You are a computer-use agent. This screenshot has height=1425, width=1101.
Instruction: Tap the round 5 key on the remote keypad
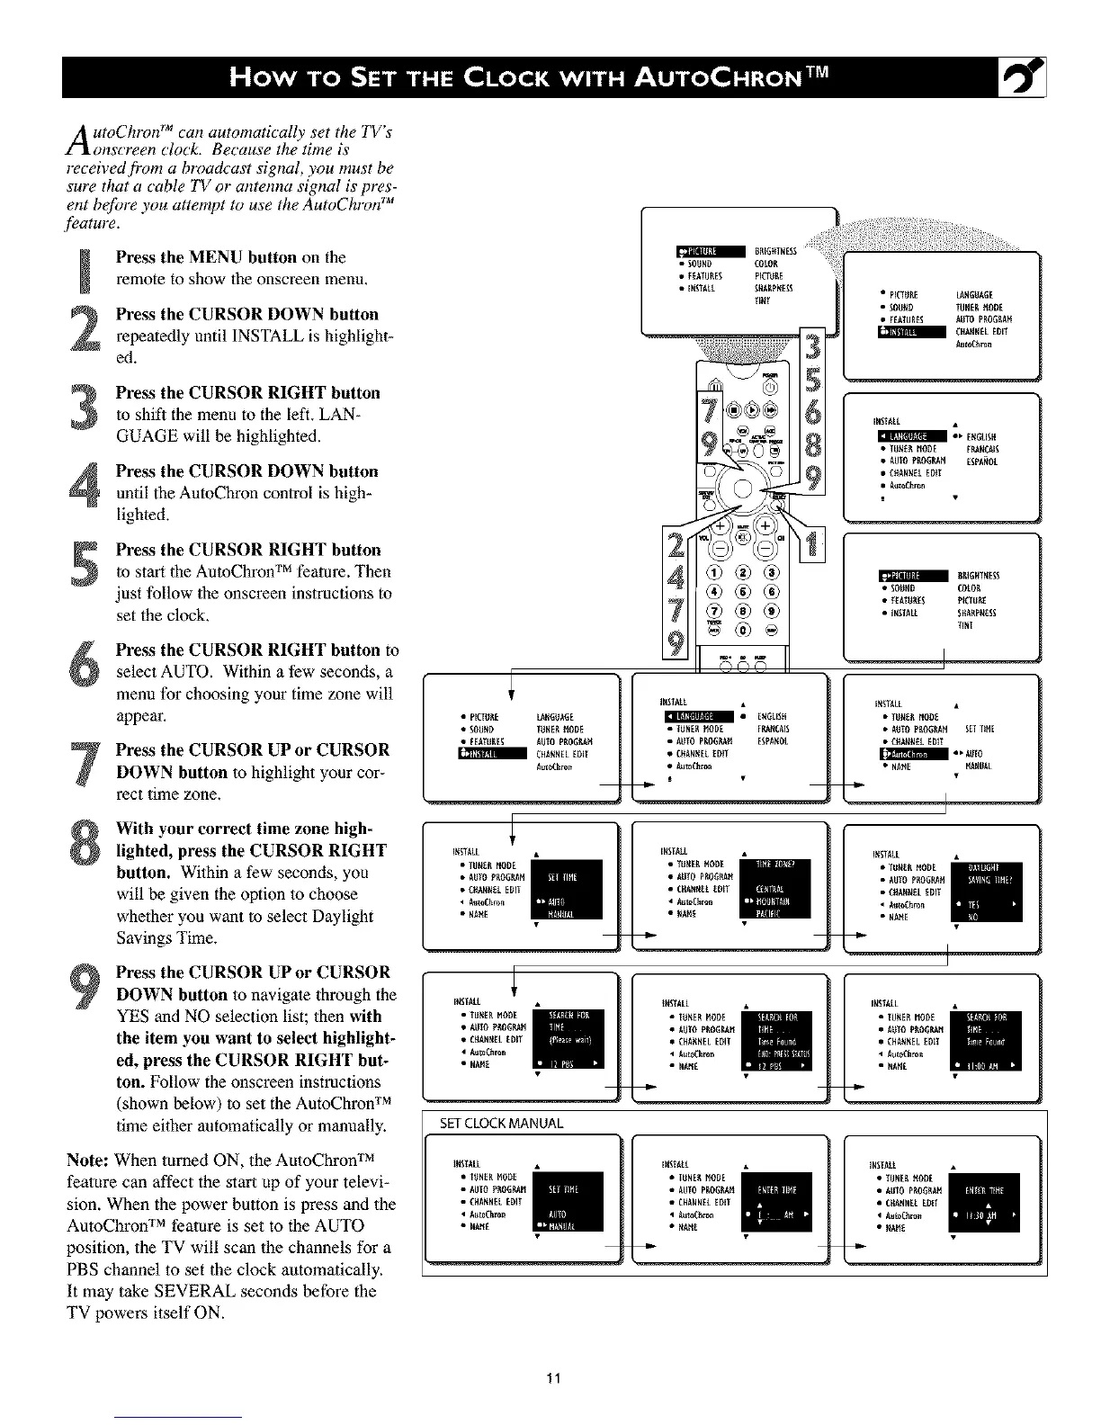tap(738, 590)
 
